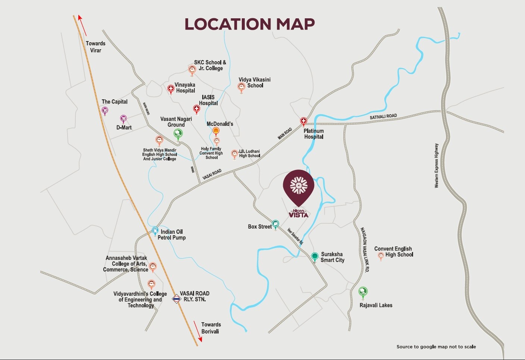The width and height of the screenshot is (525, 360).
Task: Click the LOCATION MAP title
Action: [250, 24]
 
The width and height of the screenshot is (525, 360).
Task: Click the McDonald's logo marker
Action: [216, 131]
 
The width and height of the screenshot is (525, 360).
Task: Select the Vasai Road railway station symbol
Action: [176, 299]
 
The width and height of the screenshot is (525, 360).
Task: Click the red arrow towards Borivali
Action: [197, 331]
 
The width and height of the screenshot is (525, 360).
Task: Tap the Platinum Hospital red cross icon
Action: [304, 121]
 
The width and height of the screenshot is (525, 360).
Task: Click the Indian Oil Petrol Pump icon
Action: [155, 230]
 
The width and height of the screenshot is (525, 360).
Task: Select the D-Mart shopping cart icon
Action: [123, 119]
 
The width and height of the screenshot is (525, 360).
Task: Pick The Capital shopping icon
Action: [105, 110]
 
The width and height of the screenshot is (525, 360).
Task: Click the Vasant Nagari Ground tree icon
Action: [178, 133]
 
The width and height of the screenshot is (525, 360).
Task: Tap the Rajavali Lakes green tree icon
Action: [363, 292]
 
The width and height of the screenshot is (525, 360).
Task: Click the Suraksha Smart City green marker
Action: [315, 256]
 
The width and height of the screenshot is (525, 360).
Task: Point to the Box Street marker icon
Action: [275, 224]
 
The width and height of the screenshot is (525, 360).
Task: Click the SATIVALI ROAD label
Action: [383, 117]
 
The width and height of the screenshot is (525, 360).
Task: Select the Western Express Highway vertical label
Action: [437, 165]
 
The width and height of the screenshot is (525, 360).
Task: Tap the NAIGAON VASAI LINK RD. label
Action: [365, 249]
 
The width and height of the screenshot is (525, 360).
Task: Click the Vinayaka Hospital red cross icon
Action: [171, 89]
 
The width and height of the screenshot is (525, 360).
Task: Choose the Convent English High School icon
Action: [381, 256]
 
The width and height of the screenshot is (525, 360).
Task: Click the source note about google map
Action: [436, 347]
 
